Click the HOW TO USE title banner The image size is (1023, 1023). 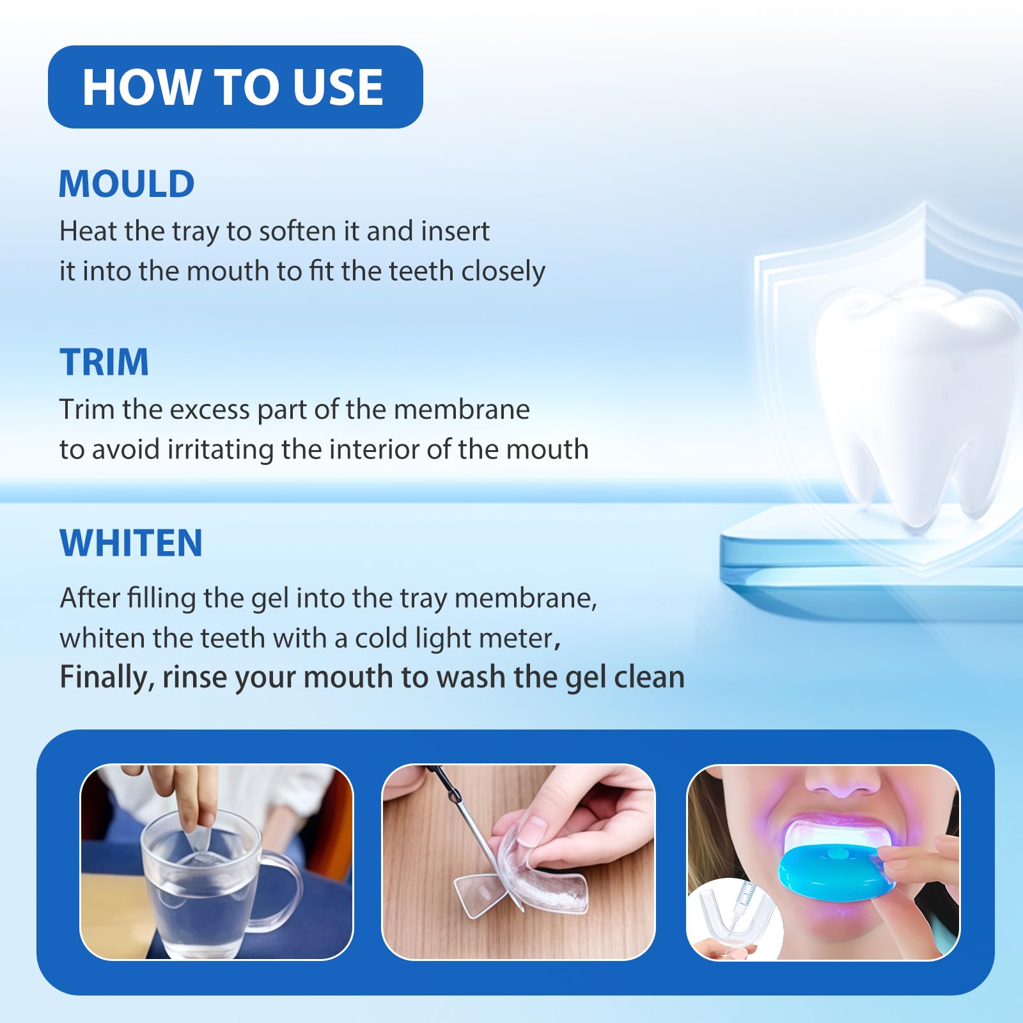tap(235, 87)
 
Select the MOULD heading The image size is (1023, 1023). tap(127, 184)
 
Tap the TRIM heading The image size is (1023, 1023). tap(104, 362)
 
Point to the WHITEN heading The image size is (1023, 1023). tap(131, 543)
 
